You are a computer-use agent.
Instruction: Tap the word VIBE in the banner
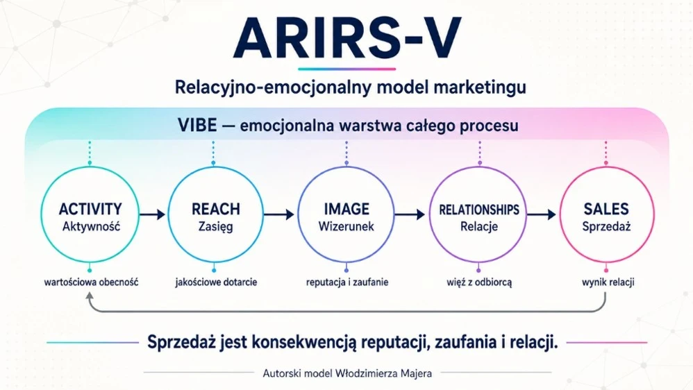[x=197, y=126]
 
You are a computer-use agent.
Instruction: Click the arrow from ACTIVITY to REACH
[x=153, y=214]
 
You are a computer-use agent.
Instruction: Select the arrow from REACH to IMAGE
[x=279, y=214]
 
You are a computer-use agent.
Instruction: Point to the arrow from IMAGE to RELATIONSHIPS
[x=410, y=214]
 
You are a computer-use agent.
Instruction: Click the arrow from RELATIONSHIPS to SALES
[x=542, y=214]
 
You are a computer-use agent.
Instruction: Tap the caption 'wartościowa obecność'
[x=91, y=282]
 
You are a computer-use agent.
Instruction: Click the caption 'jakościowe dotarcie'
[x=216, y=282]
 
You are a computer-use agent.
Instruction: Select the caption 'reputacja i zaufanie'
[x=347, y=282]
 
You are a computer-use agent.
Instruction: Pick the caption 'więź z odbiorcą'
[x=479, y=282]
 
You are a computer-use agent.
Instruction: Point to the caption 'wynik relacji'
[x=608, y=282]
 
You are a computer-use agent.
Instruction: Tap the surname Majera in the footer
[x=417, y=373]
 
